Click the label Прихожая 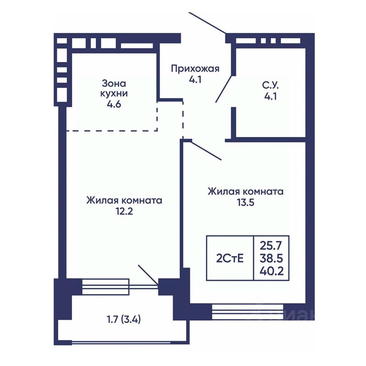click(195, 69)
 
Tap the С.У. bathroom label click(271, 86)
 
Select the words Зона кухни click(114, 88)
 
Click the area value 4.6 click(114, 104)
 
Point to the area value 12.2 click(124, 212)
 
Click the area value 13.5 click(246, 202)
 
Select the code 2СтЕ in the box click(230, 258)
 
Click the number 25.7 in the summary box click(271, 246)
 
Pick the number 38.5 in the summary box click(271, 258)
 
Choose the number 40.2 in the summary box click(271, 271)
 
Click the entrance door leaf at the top click(207, 23)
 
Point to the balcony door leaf click(148, 274)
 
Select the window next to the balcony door click(106, 287)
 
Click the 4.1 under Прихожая click(195, 80)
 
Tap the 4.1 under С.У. click(271, 96)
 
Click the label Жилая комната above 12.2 click(124, 201)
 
